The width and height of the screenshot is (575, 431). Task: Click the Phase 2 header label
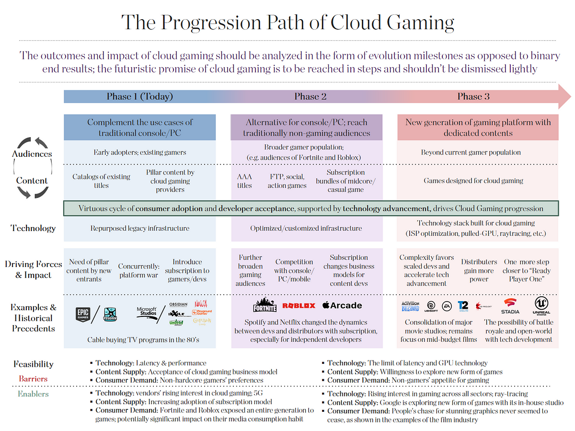pyautogui.click(x=310, y=96)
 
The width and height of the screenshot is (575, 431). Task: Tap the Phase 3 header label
pyautogui.click(x=473, y=96)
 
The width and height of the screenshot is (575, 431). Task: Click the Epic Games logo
pyautogui.click(x=83, y=314)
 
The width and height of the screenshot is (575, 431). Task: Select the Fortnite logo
pyautogui.click(x=265, y=305)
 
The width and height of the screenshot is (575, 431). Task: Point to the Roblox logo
pyautogui.click(x=299, y=305)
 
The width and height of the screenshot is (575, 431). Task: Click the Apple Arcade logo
pyautogui.click(x=342, y=305)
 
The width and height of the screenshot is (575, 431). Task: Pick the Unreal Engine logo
pyautogui.click(x=538, y=305)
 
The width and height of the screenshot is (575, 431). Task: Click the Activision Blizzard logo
pyautogui.click(x=410, y=306)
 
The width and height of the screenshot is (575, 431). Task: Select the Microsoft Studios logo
pyautogui.click(x=147, y=312)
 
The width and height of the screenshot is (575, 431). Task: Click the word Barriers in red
pyautogui.click(x=33, y=379)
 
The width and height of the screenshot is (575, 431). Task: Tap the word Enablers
pyautogui.click(x=33, y=394)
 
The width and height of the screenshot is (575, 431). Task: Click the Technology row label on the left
pyautogui.click(x=33, y=228)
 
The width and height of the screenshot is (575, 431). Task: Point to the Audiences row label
pyautogui.click(x=33, y=154)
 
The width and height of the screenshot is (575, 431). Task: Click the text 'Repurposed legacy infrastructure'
pyautogui.click(x=140, y=228)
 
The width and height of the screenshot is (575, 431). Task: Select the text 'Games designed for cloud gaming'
pyautogui.click(x=473, y=181)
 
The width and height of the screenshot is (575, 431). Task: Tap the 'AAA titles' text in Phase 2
pyautogui.click(x=244, y=181)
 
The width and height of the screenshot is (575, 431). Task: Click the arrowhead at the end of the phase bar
pyautogui.click(x=564, y=96)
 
